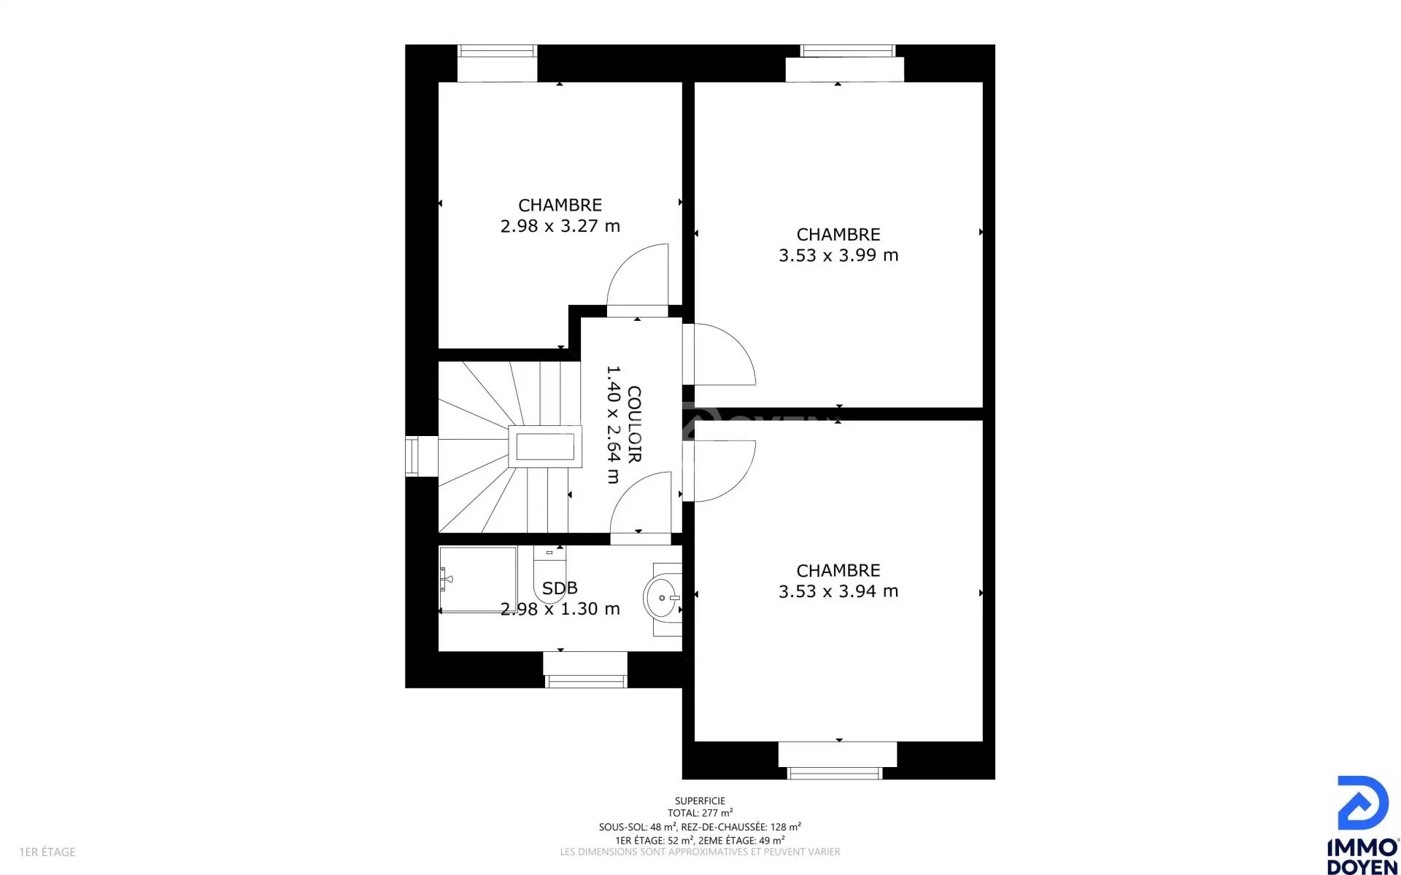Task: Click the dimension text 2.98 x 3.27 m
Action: pos(560,226)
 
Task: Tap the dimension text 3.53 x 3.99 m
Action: pos(838,255)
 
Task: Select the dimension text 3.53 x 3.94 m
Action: pos(838,591)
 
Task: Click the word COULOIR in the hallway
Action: pos(634,424)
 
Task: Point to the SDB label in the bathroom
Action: pos(560,588)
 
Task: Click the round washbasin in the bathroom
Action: pos(662,598)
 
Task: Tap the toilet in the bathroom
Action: pos(550,572)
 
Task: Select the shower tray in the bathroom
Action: pos(478,580)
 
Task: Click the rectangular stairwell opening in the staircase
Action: pos(545,446)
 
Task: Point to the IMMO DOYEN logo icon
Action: pos(1362,803)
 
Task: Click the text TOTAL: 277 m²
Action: pos(700,813)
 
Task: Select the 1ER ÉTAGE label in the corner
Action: pos(47,852)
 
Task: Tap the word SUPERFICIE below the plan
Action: pos(700,801)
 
